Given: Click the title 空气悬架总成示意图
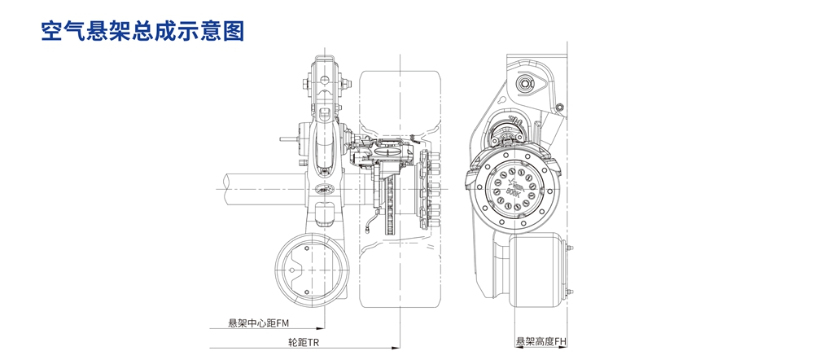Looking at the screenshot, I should (142, 31).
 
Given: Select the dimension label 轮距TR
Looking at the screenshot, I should (304, 343).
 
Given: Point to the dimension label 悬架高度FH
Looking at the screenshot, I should (540, 343).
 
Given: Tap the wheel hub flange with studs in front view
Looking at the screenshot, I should (426, 192).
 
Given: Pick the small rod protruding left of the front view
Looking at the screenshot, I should (287, 139).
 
